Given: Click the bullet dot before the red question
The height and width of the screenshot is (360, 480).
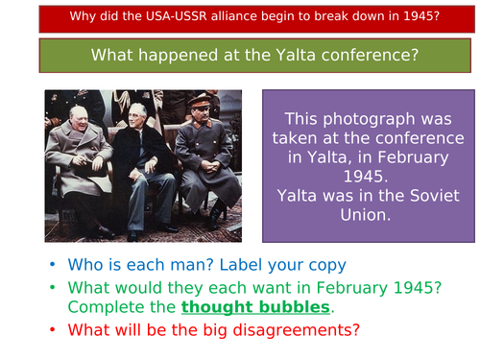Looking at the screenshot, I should tap(55, 331).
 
